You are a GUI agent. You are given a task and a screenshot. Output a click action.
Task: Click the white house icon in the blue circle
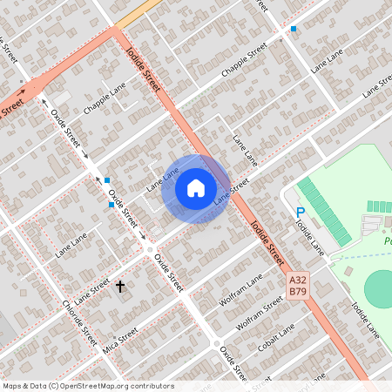(196, 187)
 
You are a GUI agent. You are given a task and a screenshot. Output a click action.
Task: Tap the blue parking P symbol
(301, 212)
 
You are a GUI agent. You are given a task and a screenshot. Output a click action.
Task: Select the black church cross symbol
(120, 286)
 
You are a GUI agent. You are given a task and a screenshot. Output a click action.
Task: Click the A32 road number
(298, 280)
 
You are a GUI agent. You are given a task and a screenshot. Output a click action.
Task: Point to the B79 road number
(298, 291)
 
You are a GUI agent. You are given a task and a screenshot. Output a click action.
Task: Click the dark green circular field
(380, 287)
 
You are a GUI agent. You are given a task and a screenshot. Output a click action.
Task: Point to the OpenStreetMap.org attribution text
(87, 386)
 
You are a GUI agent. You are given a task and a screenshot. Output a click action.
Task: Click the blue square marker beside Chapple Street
(294, 29)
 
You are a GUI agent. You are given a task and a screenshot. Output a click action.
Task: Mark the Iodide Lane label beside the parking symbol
(309, 236)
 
